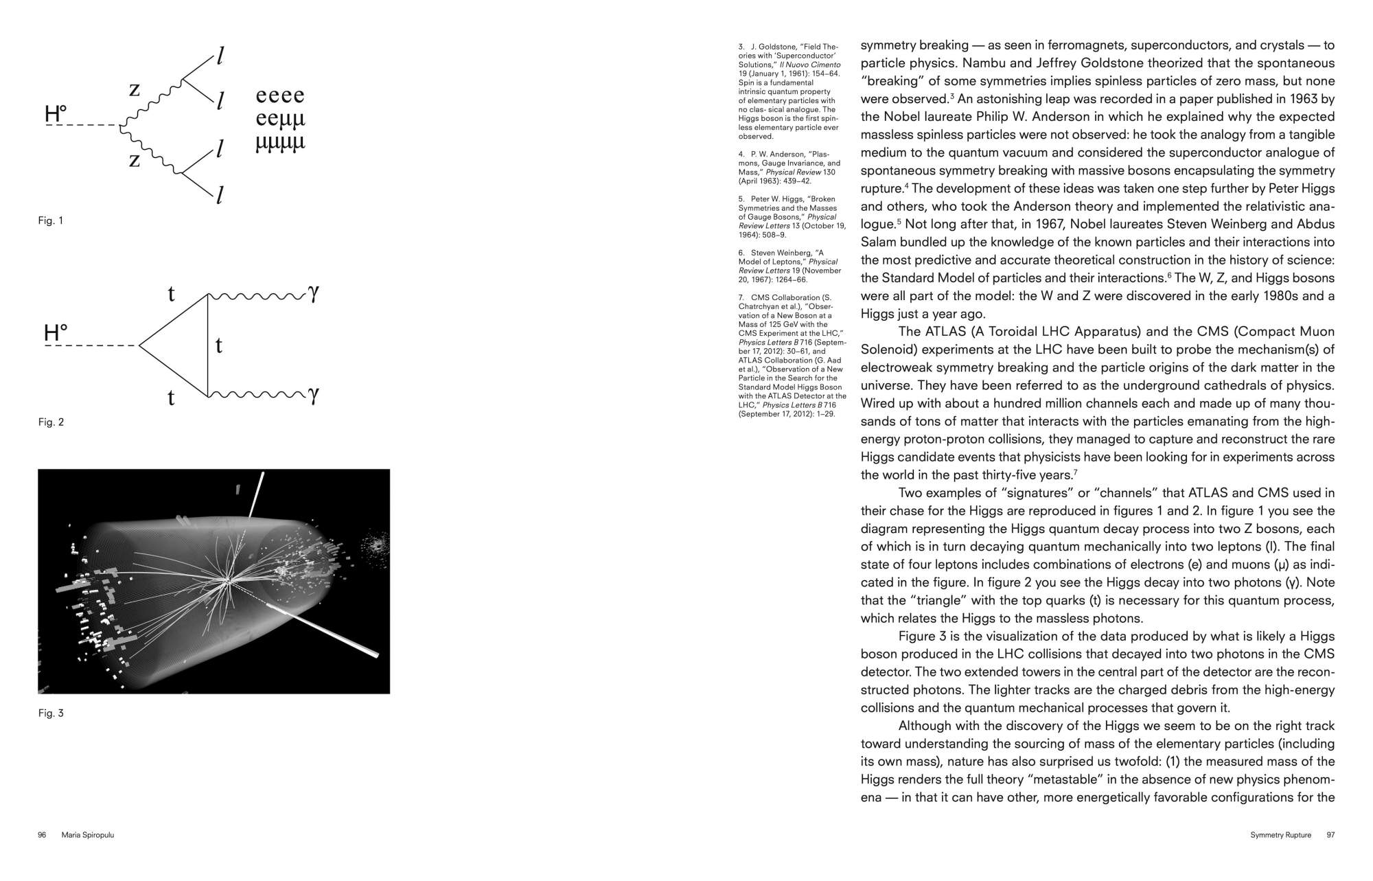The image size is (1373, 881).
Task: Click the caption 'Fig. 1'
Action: click(x=50, y=221)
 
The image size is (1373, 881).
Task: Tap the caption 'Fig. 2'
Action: click(x=51, y=422)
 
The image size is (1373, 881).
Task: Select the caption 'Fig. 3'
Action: click(x=51, y=713)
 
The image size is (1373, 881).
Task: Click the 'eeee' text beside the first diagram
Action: click(x=279, y=95)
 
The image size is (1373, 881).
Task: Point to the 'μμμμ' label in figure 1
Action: click(x=279, y=143)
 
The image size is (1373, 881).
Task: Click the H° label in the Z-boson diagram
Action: click(x=56, y=114)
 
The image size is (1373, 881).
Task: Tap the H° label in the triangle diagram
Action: click(x=56, y=334)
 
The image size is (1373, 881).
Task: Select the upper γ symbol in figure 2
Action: click(x=314, y=293)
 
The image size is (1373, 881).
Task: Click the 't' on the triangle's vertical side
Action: click(x=218, y=345)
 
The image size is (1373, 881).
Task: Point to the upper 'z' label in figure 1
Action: click(x=135, y=89)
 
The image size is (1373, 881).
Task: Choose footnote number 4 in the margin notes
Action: click(x=741, y=154)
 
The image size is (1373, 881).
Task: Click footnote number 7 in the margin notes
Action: click(x=741, y=297)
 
